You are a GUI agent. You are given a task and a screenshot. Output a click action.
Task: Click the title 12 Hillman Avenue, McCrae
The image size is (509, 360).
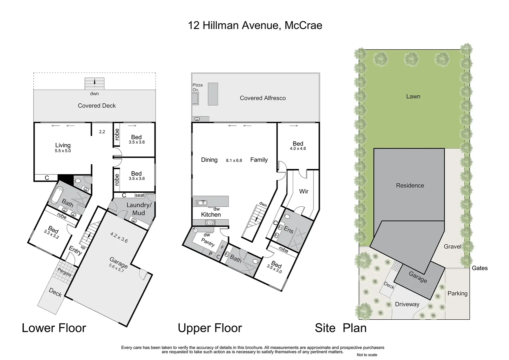click(x=255, y=25)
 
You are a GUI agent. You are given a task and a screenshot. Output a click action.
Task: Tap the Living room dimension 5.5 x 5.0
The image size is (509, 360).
click(x=63, y=151)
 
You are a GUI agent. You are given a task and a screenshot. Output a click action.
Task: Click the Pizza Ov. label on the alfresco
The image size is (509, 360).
click(x=198, y=87)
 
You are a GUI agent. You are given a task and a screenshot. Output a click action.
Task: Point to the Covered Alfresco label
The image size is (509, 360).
click(x=263, y=98)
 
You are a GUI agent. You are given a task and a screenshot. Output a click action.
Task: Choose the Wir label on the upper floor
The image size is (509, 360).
click(x=303, y=191)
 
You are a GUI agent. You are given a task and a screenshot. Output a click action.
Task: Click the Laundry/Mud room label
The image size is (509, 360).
click(x=139, y=209)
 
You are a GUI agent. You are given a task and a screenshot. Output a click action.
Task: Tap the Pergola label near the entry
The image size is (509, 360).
click(x=64, y=272)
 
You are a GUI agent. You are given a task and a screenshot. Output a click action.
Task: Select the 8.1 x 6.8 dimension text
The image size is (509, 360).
click(x=234, y=160)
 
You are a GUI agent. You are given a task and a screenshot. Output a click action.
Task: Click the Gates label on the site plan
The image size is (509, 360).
click(x=480, y=268)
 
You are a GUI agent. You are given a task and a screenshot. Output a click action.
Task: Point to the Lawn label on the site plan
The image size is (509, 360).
click(x=413, y=96)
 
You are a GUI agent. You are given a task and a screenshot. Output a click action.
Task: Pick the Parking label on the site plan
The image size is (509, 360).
click(x=457, y=293)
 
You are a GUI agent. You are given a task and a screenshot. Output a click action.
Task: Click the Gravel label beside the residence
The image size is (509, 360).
click(x=452, y=247)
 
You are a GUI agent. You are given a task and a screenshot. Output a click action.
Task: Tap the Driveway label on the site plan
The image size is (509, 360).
click(x=407, y=304)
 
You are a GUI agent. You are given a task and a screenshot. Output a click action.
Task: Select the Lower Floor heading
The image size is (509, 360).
click(x=54, y=328)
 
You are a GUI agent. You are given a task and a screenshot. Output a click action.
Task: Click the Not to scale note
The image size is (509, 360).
click(x=367, y=355)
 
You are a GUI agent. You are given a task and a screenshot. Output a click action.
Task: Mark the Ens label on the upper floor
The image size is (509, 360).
click(x=288, y=230)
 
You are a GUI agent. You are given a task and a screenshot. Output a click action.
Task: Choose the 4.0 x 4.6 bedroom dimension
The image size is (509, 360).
click(x=298, y=149)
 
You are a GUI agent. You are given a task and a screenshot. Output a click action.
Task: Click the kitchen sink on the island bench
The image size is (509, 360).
click(x=201, y=203)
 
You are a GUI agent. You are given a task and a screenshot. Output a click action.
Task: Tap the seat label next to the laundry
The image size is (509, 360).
click(x=140, y=195)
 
